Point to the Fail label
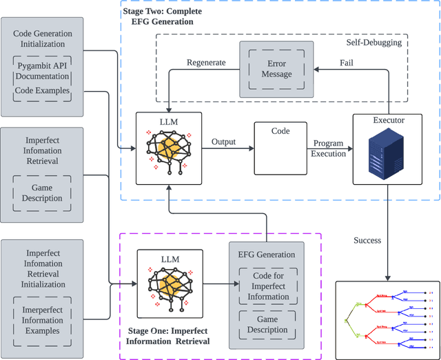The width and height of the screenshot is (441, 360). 347,63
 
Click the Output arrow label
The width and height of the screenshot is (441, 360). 223,142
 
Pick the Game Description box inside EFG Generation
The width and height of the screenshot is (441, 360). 266,323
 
